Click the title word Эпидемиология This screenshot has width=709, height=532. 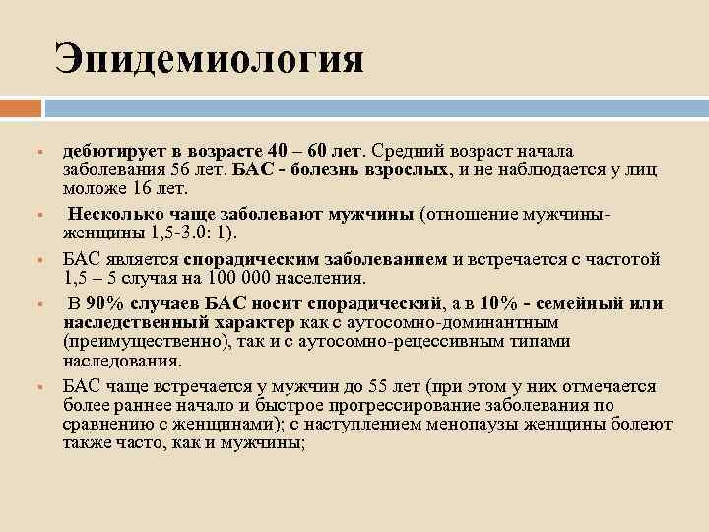point(209,58)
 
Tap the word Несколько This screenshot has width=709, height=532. point(111,213)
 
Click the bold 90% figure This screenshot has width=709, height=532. point(105,303)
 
